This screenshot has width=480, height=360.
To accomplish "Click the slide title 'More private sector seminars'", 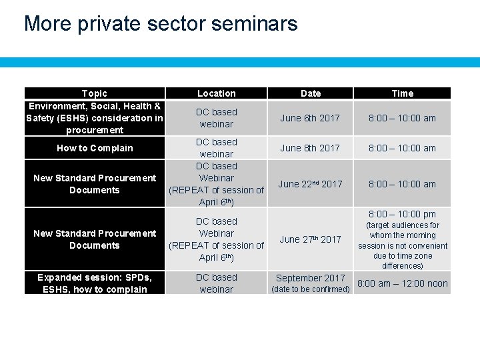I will [161, 24].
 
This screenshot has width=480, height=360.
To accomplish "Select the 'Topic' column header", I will [95, 93].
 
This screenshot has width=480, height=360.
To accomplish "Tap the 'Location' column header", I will [217, 93].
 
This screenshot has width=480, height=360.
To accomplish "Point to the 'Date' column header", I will [311, 93].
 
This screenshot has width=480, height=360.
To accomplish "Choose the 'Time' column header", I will [403, 93].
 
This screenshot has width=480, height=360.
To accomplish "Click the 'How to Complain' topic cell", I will [95, 148].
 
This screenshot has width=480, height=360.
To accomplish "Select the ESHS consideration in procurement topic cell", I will [95, 118].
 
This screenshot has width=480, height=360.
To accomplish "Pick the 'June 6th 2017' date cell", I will [310, 118].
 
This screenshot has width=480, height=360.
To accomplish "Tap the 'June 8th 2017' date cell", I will [310, 148].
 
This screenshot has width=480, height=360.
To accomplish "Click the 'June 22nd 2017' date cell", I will [310, 184].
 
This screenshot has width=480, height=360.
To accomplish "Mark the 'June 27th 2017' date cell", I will [310, 239].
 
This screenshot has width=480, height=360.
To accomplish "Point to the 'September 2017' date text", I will [311, 278].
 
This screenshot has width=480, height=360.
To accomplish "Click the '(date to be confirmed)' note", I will [311, 289].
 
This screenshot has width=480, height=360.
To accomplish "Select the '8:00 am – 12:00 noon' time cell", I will [403, 283].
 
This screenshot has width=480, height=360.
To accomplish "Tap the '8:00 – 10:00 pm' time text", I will [403, 214].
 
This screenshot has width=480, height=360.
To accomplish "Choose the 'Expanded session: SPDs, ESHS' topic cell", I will [95, 283].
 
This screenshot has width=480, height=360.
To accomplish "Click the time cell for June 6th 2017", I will [403, 118].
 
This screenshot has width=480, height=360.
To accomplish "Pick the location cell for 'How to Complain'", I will [217, 148].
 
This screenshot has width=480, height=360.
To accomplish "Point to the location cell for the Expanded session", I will [217, 283].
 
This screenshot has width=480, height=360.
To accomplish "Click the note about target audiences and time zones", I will [403, 245].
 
